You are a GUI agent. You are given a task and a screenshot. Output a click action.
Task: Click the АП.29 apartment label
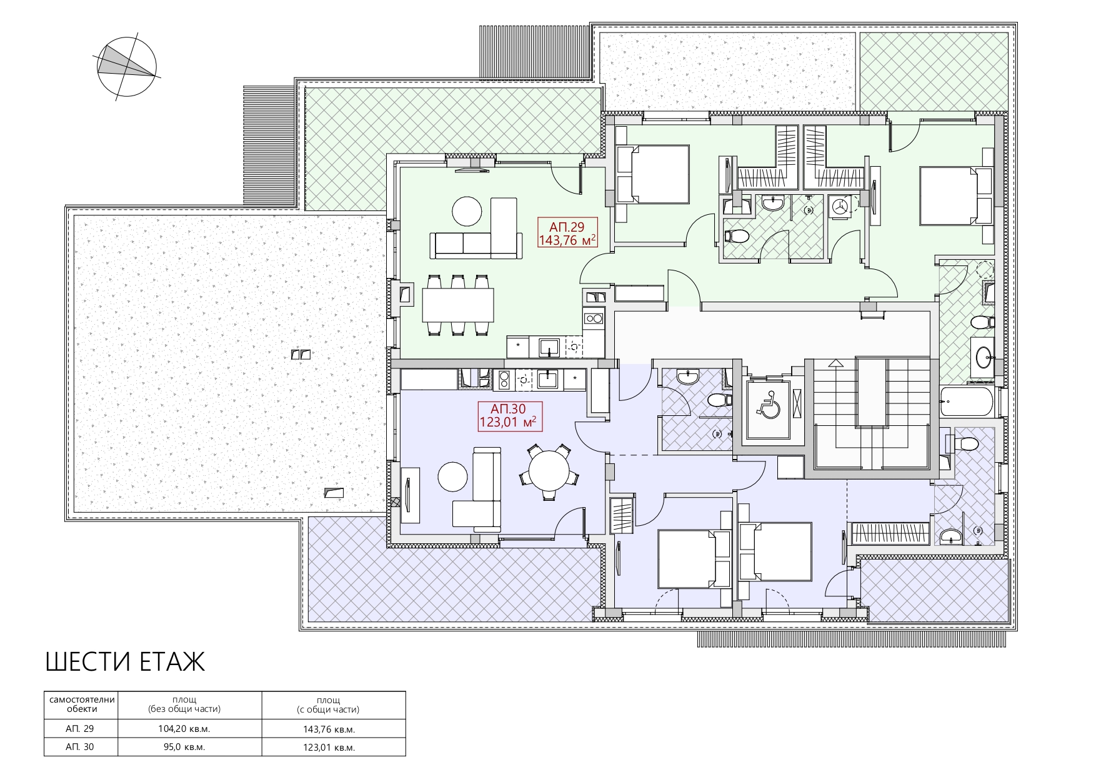pos(567,233)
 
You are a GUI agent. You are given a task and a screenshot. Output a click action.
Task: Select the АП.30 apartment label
pos(508,416)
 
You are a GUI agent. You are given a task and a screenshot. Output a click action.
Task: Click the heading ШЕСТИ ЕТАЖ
pos(125,662)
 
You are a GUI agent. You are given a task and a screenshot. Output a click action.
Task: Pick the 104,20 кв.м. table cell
pos(184,729)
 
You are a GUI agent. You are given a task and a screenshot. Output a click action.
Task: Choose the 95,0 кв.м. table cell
pos(184,747)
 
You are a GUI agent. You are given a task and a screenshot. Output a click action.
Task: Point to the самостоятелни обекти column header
pos(82,704)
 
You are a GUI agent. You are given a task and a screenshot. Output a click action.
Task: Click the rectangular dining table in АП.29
pos(458,305)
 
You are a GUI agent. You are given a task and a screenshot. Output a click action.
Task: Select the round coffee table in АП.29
pos(467,212)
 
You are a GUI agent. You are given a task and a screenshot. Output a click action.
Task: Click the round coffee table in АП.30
pos(453,476)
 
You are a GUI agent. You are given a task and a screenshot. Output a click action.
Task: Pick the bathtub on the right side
pos(966,402)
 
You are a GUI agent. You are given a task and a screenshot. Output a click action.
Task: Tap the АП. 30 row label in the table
pos(79,747)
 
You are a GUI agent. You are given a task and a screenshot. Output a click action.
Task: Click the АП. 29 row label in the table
pos(79,729)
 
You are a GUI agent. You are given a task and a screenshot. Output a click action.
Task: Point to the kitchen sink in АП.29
pos(549,347)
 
